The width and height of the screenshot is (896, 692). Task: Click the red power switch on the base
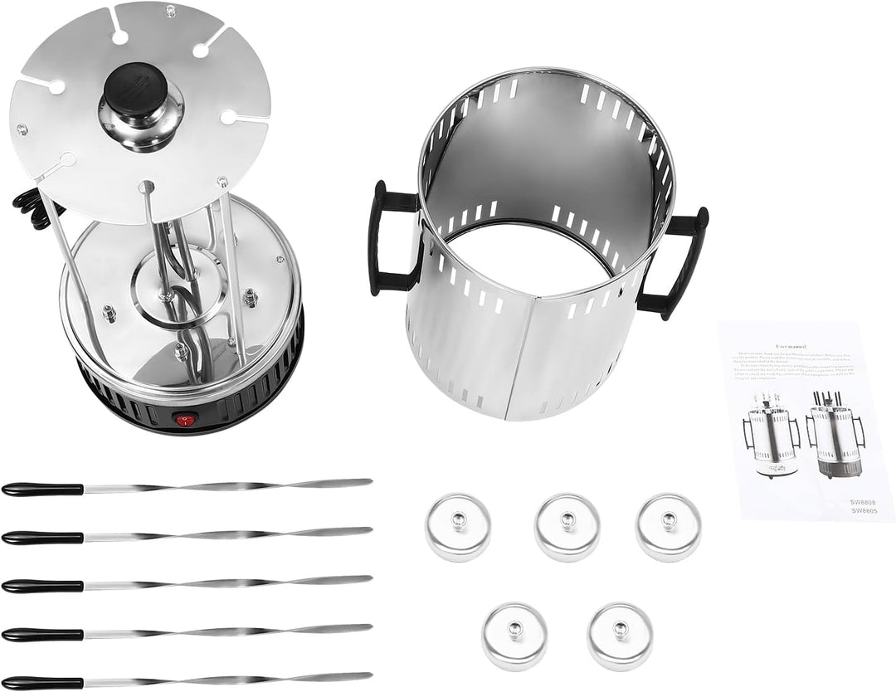click(x=185, y=421)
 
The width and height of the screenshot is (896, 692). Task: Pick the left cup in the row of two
click(x=514, y=636)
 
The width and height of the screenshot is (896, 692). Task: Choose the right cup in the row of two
click(x=620, y=636)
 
